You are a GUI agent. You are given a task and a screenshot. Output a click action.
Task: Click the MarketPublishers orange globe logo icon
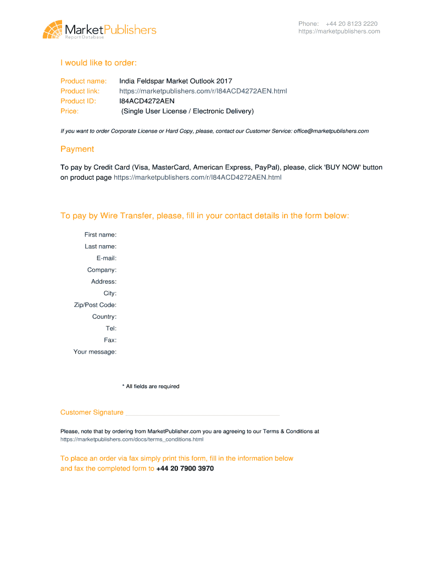53,29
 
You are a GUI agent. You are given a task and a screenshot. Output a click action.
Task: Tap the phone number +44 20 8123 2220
351,24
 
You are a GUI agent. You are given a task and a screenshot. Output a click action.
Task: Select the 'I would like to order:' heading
98,63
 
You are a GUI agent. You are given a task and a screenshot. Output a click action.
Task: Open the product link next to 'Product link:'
203,91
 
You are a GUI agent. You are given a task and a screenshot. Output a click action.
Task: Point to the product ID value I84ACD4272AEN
147,101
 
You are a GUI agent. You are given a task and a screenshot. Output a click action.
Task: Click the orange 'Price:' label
69,111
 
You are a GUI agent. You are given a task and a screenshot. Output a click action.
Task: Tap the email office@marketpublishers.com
331,131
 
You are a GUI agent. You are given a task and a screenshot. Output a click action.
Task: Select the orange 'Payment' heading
77,149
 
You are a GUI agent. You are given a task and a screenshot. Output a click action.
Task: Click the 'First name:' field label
100,235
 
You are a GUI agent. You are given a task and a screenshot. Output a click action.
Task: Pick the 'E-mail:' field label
106,258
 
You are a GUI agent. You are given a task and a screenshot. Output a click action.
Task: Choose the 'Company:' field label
102,270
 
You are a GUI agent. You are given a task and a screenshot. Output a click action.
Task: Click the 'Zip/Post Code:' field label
95,305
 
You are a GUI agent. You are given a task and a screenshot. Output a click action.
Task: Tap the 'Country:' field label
104,317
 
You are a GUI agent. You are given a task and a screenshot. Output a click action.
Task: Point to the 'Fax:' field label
110,340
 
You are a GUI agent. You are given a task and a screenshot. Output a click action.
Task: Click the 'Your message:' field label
95,352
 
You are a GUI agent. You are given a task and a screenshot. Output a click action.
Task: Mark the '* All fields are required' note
151,387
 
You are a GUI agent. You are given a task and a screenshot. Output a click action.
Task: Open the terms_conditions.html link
132,440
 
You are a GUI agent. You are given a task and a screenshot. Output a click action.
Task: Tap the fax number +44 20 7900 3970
185,469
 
